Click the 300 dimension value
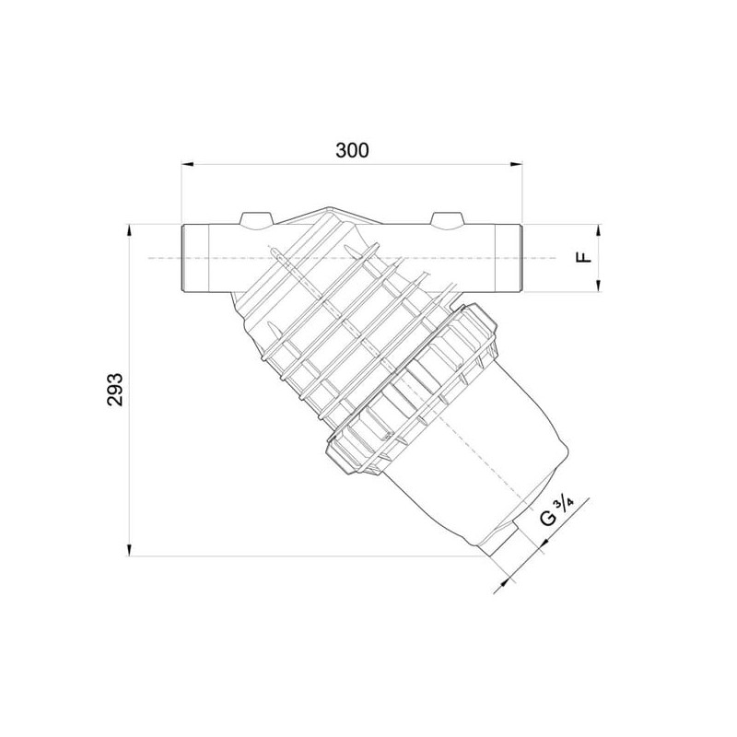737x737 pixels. (352, 150)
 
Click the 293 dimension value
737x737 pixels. (114, 389)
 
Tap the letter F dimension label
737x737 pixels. (584, 257)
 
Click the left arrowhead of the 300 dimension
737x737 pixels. (188, 164)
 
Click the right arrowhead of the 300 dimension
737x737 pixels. (517, 164)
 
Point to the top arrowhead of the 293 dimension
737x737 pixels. (129, 230)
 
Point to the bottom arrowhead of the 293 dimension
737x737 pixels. (129, 550)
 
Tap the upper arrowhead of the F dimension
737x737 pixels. (598, 230)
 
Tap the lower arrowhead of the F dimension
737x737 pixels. (598, 286)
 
